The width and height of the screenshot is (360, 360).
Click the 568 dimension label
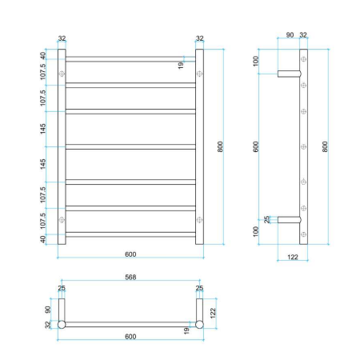[130, 279]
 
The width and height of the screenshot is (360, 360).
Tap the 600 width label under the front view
[130, 254]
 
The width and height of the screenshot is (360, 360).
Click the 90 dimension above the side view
[290, 35]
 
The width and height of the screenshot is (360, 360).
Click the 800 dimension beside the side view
[325, 147]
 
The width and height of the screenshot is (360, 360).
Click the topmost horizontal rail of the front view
[130, 58]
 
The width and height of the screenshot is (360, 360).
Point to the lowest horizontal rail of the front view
[130, 234]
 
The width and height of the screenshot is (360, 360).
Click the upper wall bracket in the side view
[288, 74]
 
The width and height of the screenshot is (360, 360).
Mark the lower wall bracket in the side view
[288, 219]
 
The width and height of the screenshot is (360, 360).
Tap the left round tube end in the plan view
[62, 326]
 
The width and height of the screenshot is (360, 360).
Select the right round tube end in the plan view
[199, 326]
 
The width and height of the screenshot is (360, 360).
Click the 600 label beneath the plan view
[130, 336]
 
